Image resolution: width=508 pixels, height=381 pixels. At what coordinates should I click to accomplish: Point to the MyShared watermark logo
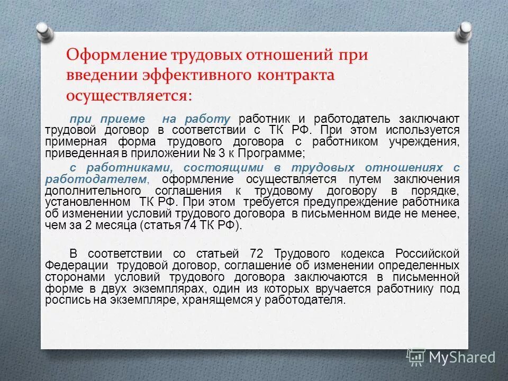tap(451, 357)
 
